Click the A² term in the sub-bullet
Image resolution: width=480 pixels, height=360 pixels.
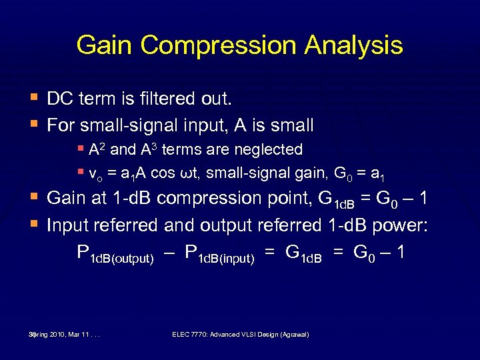[x=95, y=149]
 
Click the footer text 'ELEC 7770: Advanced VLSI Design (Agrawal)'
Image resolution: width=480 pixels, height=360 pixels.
[x=240, y=334]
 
